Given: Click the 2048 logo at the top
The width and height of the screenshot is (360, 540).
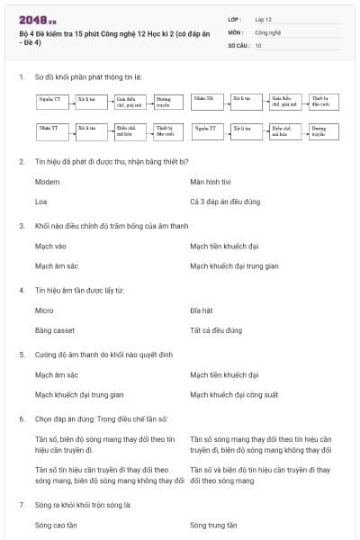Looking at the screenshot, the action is pyautogui.click(x=38, y=19).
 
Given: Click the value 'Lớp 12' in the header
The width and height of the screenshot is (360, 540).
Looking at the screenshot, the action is pyautogui.click(x=264, y=18).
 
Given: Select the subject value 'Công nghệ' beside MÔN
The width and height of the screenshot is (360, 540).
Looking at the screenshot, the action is pyautogui.click(x=268, y=31).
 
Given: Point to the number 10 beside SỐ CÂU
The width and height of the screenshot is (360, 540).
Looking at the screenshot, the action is pyautogui.click(x=258, y=44).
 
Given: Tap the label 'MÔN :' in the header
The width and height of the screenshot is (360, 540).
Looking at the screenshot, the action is pyautogui.click(x=237, y=31).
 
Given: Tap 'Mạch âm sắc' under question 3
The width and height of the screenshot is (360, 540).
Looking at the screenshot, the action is pyautogui.click(x=56, y=265).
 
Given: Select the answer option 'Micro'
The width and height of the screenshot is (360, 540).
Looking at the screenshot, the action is pyautogui.click(x=44, y=310).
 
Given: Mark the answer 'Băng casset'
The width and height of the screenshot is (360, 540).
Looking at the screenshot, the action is pyautogui.click(x=55, y=330).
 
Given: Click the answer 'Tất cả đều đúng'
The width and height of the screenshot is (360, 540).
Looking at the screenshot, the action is pyautogui.click(x=216, y=330).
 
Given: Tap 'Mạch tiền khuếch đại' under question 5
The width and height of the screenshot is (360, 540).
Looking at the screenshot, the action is pyautogui.click(x=224, y=374).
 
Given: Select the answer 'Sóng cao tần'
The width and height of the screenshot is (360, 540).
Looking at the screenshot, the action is pyautogui.click(x=56, y=525).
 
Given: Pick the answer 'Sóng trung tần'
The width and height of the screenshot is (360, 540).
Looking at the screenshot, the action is pyautogui.click(x=213, y=525).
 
